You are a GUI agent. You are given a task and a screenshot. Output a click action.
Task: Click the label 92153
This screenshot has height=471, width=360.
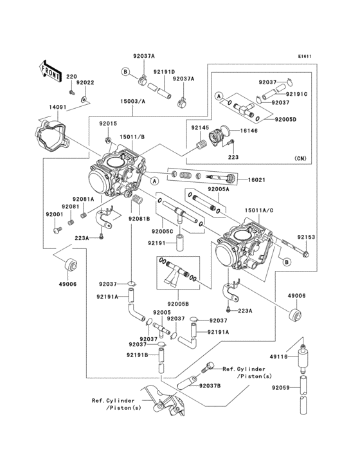click(x=306, y=237)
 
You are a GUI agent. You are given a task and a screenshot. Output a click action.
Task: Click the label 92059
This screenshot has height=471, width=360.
click(x=281, y=387)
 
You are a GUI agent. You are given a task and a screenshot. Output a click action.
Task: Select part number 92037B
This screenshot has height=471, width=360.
click(x=210, y=385)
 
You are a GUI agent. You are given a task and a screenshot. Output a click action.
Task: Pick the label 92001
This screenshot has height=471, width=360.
click(x=54, y=214)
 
